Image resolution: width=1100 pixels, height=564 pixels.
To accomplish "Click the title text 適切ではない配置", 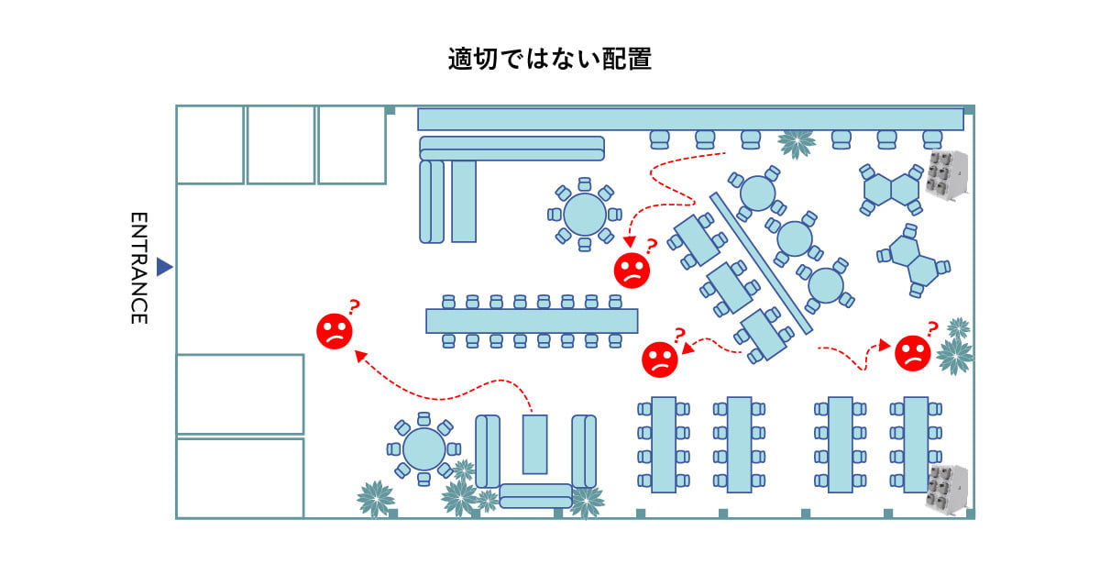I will [549, 59].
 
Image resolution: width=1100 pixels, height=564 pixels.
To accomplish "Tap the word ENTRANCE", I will [138, 268].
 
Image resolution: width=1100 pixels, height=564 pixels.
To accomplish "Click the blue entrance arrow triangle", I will [164, 267].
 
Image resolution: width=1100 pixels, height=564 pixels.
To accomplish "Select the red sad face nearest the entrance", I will [335, 331].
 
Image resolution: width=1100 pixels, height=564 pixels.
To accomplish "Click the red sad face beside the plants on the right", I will [912, 353].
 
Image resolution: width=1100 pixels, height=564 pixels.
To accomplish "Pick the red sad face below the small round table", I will [632, 269].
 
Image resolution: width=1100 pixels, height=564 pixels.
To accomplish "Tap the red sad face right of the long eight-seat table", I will [660, 359].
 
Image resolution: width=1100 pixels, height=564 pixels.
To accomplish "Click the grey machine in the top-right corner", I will [946, 173].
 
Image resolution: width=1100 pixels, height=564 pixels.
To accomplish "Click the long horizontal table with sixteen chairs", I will [532, 321].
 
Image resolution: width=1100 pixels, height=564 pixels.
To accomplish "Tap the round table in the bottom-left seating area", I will [423, 448].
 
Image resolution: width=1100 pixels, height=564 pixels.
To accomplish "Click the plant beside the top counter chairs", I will [796, 143].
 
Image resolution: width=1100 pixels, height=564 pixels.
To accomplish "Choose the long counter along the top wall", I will [690, 119].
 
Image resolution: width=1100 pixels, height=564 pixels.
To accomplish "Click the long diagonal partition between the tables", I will [761, 263].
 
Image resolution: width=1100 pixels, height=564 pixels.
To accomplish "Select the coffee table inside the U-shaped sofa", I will [534, 444].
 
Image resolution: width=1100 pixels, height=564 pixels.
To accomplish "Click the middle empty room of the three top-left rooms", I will [280, 145].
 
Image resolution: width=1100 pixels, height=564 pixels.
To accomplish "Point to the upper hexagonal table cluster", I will [892, 189].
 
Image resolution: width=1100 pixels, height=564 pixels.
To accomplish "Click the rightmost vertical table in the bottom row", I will [916, 445].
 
